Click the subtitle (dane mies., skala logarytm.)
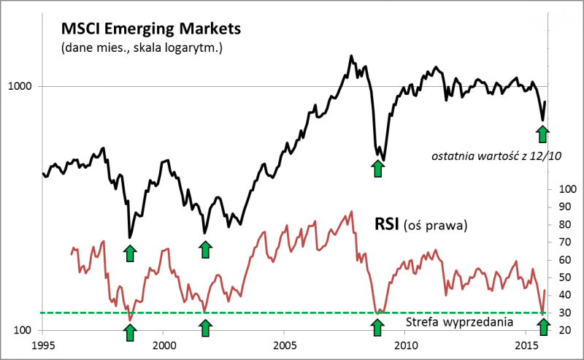(x=137, y=49)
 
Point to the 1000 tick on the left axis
(x=22, y=86)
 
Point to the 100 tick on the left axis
(x=25, y=331)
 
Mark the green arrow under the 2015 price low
(x=542, y=134)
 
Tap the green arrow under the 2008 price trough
(x=377, y=169)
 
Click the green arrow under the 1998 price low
(x=130, y=253)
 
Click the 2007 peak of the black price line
(x=352, y=55)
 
